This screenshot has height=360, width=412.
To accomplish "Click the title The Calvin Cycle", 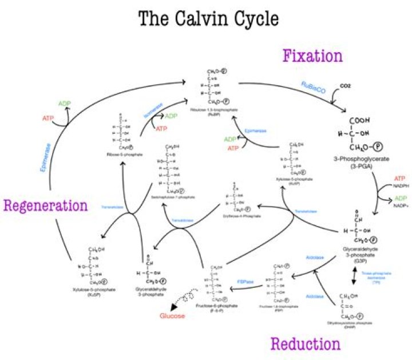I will [208, 18].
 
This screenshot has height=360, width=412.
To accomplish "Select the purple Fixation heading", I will [312, 56].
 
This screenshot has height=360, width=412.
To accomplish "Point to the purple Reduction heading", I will [305, 343].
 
